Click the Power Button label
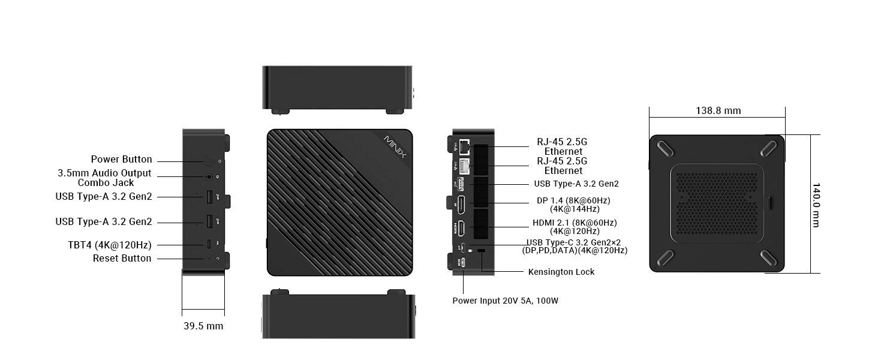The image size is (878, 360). tap(121, 160)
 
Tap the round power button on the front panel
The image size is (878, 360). tap(209, 160)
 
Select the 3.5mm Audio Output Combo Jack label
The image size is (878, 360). tap(105, 178)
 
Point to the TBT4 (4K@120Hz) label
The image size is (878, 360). tap(109, 245)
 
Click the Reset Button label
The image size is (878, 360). tap(122, 259)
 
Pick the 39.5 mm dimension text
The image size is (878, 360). tap(203, 326)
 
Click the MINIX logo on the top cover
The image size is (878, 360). tap(395, 147)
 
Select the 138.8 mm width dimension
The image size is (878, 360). tap(718, 111)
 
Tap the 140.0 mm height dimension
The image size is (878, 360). tap(816, 205)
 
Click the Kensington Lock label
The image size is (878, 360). tap(561, 272)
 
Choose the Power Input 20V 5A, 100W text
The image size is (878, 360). tap(505, 301)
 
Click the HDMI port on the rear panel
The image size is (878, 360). tap(462, 228)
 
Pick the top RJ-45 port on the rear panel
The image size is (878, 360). tap(464, 146)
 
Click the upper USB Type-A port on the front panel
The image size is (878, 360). tap(209, 196)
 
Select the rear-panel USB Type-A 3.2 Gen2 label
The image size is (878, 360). tap(576, 184)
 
